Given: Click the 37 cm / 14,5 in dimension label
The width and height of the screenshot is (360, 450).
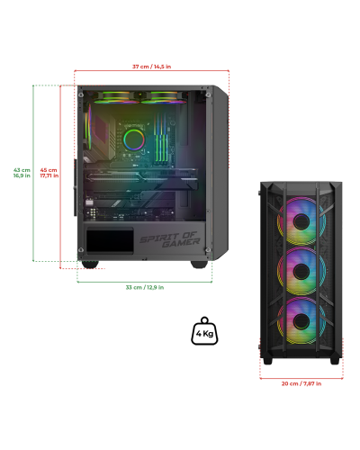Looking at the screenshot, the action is (x=152, y=67).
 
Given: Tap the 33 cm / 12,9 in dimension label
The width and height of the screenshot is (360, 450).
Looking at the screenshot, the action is (x=145, y=287).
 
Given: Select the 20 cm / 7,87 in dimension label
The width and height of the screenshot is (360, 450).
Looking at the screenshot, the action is (x=301, y=383).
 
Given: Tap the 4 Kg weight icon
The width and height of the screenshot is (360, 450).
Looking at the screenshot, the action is (x=204, y=331).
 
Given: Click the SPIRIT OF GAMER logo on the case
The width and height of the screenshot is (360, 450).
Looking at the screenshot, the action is (x=169, y=239).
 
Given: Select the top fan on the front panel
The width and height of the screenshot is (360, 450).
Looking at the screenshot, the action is (x=301, y=221).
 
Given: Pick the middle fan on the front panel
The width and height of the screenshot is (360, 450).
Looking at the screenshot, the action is (x=301, y=271).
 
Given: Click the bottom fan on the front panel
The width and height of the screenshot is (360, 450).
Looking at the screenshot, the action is (x=301, y=321).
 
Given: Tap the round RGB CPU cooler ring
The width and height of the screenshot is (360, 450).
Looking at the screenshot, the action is (x=134, y=139).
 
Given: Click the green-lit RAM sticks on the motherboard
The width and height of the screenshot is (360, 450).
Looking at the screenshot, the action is (x=160, y=138).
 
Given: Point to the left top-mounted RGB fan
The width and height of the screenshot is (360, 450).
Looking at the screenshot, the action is (x=116, y=97).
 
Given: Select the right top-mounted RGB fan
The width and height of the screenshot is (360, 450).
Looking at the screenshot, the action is (x=164, y=97).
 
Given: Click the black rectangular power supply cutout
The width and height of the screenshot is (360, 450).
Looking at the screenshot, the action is (x=110, y=240).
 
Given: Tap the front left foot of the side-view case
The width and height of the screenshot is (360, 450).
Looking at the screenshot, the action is (x=90, y=265).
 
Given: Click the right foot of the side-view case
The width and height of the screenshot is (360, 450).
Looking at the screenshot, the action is (x=199, y=265).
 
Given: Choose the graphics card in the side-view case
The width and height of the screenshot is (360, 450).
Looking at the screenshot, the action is (x=140, y=179).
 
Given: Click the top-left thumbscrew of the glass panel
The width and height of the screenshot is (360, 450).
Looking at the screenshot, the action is (x=81, y=95).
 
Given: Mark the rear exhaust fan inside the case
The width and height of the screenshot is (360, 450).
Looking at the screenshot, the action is (x=88, y=127).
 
